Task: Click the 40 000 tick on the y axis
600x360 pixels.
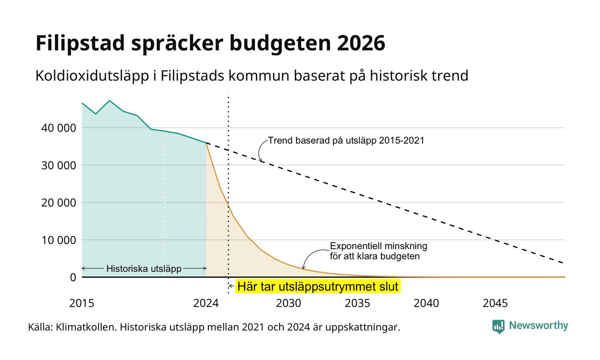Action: pos(58,128)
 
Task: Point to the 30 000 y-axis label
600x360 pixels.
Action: pos(58,165)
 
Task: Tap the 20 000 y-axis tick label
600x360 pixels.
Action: pos(58,203)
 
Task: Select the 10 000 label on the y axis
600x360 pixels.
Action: pos(58,240)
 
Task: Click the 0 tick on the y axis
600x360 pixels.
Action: pos(73,278)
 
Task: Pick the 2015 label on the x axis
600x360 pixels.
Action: pos(82,303)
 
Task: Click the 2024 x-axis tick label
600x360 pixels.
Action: pos(206,303)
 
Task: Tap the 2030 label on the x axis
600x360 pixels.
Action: pos(289,303)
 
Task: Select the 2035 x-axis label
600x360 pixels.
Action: pos(357,303)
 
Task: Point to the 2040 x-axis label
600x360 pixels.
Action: pos(426,303)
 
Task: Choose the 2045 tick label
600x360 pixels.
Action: pos(495,303)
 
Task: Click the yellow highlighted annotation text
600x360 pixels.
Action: pos(318,286)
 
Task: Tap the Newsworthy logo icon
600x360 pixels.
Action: pos(498,327)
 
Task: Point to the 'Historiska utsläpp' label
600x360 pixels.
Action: pos(144,269)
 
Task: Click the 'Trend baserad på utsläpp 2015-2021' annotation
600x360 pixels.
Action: pos(346,141)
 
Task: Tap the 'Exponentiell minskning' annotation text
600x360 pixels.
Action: pos(378,246)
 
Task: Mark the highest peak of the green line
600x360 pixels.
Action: pos(110,101)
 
